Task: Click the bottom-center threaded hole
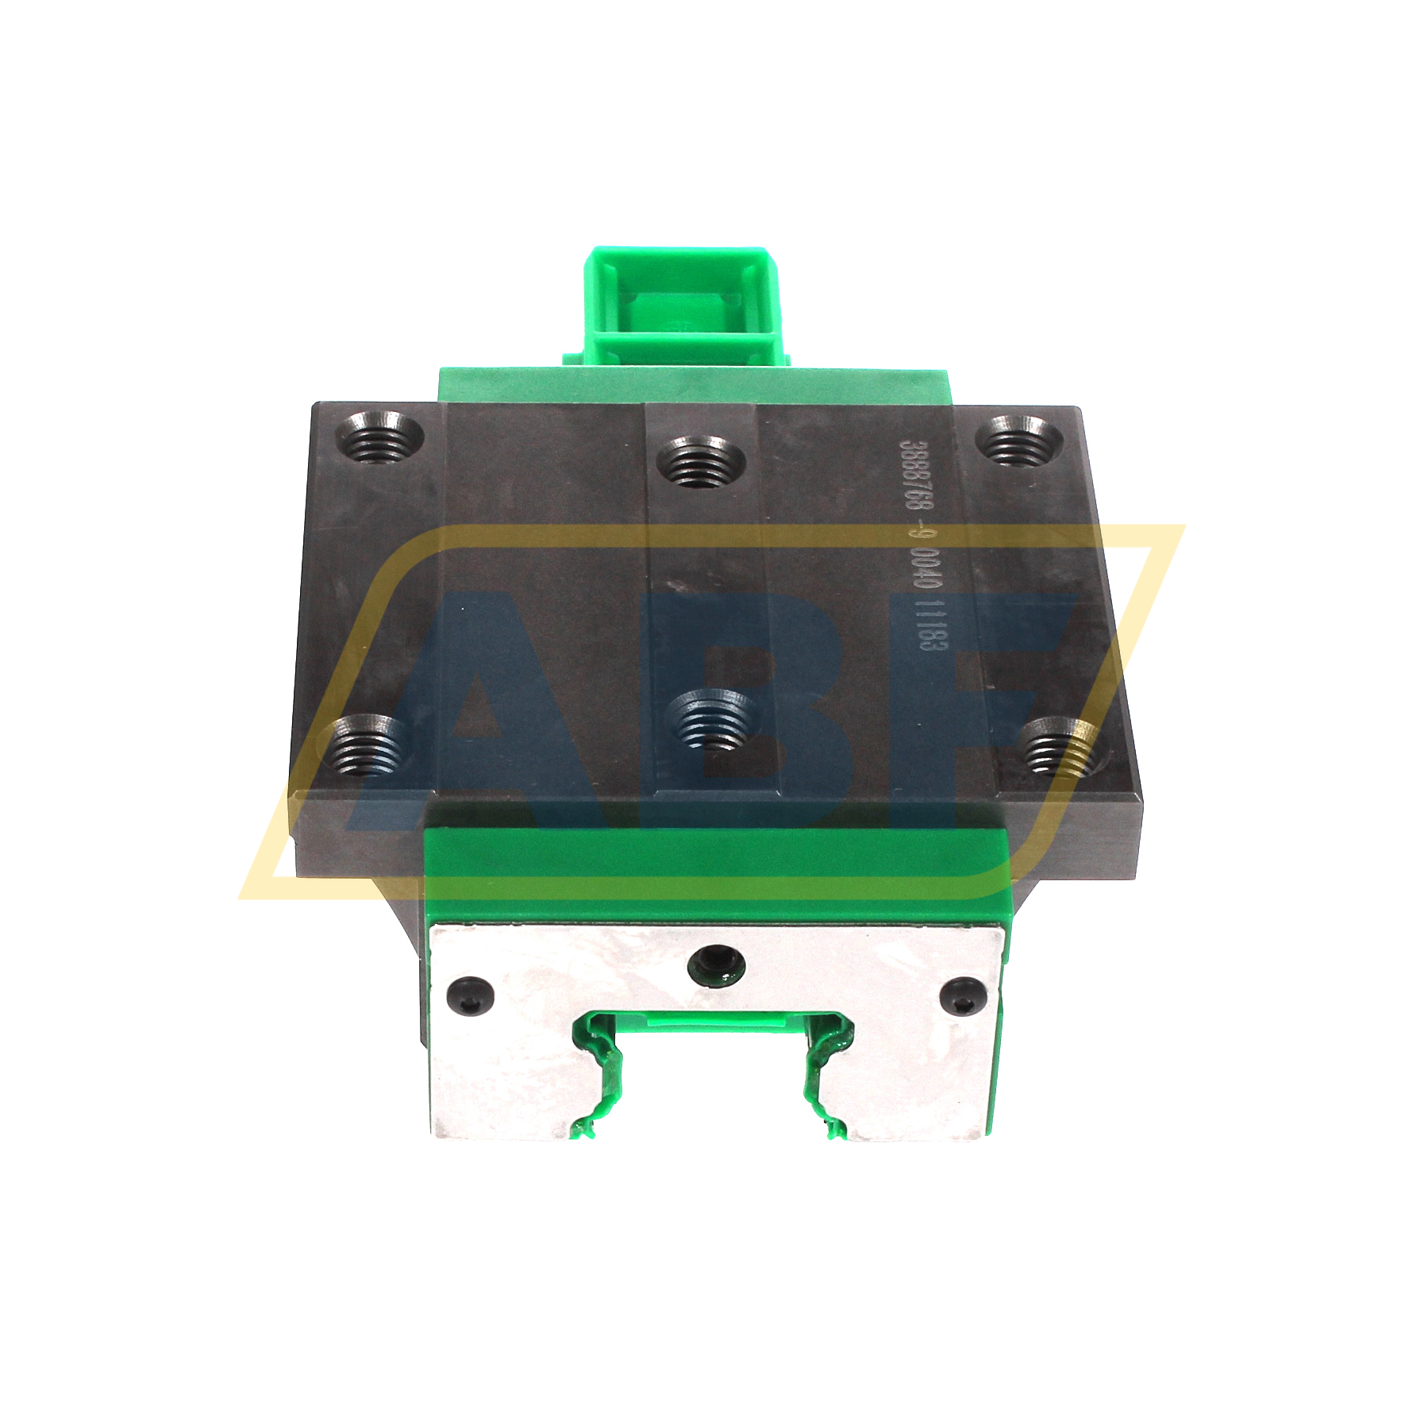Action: pos(712,719)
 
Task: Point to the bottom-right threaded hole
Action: pos(1060,746)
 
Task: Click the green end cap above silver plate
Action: pos(714,873)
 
